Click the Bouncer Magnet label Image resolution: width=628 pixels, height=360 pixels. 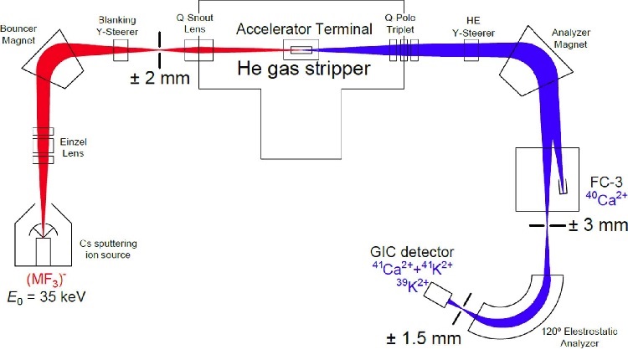point(18,34)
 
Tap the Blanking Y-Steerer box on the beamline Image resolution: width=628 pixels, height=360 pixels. point(121,50)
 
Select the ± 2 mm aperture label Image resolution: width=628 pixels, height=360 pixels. point(160,78)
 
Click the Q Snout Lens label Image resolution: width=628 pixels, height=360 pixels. point(194,23)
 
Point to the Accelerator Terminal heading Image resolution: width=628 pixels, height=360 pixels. point(305,28)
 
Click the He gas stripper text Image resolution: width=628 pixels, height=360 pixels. point(304,68)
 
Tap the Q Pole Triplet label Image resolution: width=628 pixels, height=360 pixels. point(400,23)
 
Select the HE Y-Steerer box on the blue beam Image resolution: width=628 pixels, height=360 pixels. point(471,50)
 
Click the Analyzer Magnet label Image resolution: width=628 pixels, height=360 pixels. point(571,39)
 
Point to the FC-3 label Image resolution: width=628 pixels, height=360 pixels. point(606,183)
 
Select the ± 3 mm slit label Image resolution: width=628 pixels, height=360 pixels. point(598,224)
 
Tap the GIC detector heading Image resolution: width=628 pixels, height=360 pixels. point(412,252)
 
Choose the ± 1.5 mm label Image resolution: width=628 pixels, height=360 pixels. point(424,338)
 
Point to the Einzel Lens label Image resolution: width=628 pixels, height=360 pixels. point(73,147)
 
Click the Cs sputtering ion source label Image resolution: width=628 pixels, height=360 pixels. point(108,249)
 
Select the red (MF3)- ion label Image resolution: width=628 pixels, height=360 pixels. point(46,279)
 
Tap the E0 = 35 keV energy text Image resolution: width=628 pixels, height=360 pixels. point(46,297)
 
